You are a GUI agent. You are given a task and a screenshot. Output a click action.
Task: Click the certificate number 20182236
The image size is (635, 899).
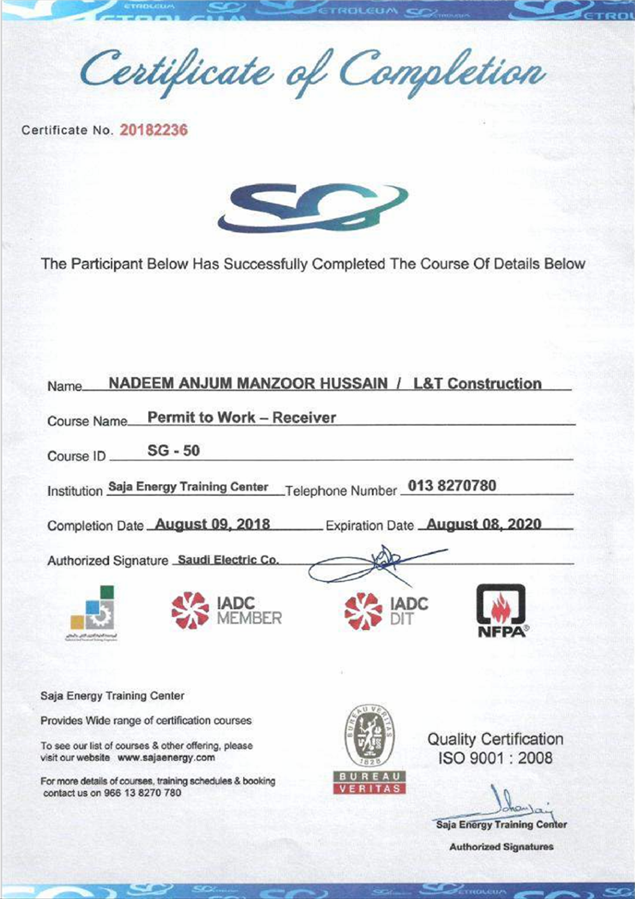pos(154,129)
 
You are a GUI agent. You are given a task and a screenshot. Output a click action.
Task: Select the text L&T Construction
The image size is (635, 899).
pos(477,384)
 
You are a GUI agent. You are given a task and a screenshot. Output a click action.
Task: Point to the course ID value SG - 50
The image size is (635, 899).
pos(173,451)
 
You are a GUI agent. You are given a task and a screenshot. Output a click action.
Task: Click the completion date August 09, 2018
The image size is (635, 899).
pos(213,524)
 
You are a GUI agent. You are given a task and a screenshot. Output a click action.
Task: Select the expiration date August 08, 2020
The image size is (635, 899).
pos(483,524)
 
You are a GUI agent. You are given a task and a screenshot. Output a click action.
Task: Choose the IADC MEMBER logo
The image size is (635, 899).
pos(227,611)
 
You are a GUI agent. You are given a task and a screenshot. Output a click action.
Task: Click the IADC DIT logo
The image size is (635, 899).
pos(386,611)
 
